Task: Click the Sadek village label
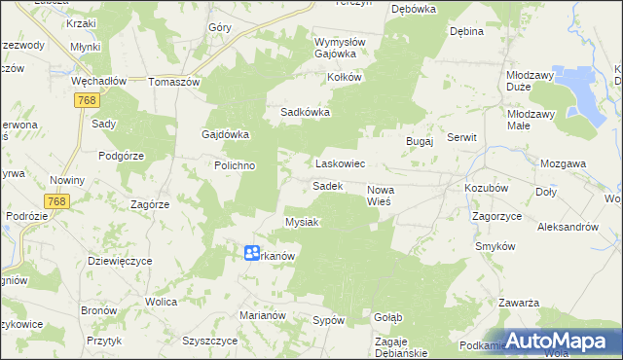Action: tap(327, 185)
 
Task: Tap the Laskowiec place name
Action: tap(339, 164)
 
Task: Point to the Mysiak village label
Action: tap(302, 222)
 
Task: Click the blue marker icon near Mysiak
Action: tap(251, 252)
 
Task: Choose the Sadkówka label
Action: tap(306, 112)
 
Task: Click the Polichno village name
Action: tap(235, 165)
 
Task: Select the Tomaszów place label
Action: tap(173, 82)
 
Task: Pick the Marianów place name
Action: tap(262, 315)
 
